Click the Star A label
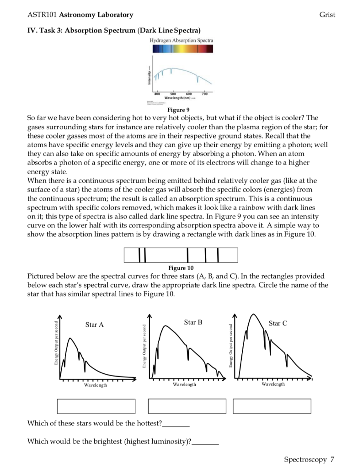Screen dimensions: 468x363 [x=95, y=324]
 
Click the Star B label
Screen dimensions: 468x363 [x=193, y=322]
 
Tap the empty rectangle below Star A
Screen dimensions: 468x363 [x=96, y=406]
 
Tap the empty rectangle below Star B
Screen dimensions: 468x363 [x=187, y=406]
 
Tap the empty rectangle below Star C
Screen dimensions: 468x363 [x=272, y=406]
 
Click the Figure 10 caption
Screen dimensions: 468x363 [x=181, y=267]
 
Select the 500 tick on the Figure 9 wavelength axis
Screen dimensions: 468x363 [x=172, y=93]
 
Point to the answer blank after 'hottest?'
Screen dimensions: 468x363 [x=176, y=423]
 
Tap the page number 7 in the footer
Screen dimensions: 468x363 [x=332, y=459]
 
